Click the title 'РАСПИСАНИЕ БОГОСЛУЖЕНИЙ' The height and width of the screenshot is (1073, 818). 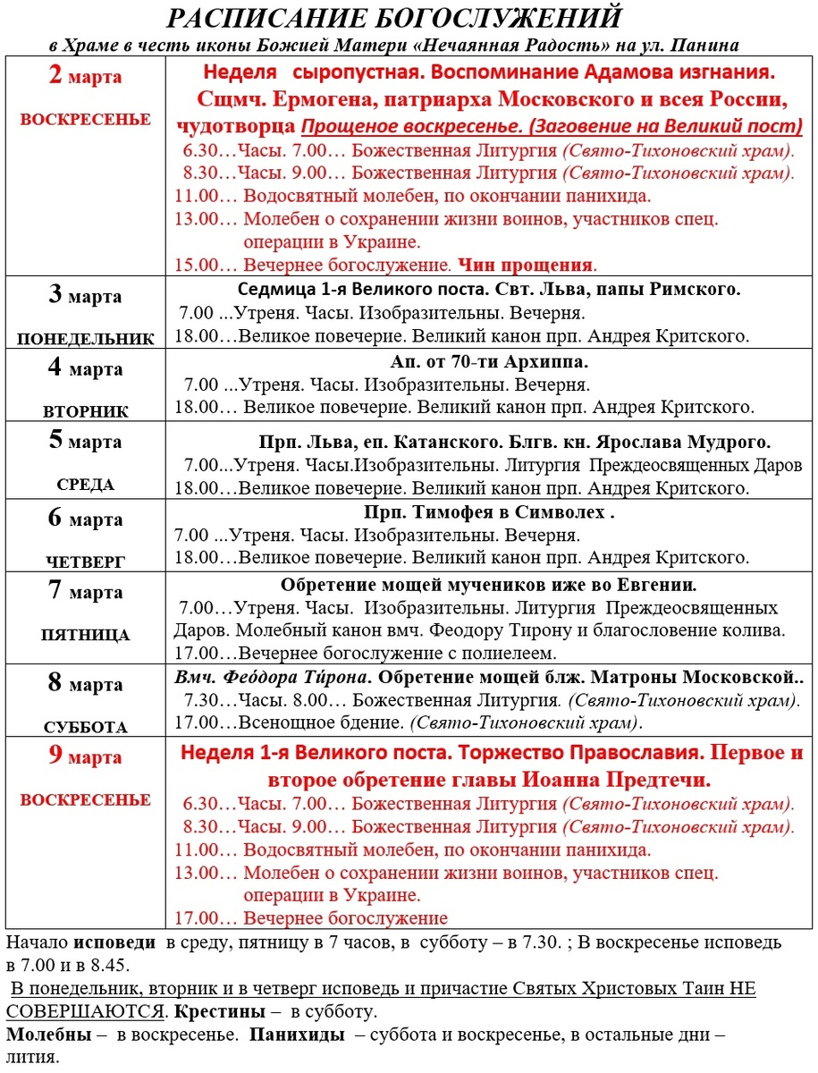click(x=394, y=19)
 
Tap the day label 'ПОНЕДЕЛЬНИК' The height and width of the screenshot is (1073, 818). click(x=86, y=339)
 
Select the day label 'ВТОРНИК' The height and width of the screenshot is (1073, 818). click(x=86, y=412)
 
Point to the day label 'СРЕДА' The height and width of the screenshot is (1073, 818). click(x=86, y=486)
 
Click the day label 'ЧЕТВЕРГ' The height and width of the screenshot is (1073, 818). click(x=86, y=562)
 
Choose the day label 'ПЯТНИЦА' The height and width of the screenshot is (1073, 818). click(x=86, y=636)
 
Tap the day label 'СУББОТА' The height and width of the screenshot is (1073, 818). click(x=86, y=727)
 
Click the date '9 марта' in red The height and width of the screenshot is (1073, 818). click(x=85, y=756)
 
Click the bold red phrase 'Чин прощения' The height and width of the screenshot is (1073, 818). click(x=526, y=265)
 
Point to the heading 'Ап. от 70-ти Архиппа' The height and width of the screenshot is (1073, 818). click(x=488, y=363)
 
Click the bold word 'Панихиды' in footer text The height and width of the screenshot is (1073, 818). click(x=291, y=1035)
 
